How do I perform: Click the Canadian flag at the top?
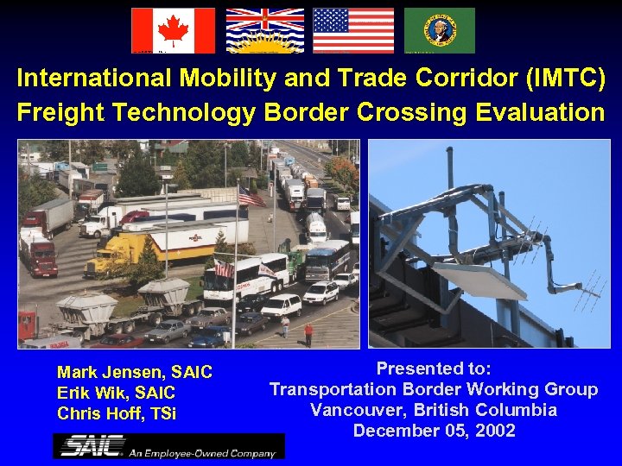pos(173,30)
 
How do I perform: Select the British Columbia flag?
pos(264,30)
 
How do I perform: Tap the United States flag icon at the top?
pos(352,30)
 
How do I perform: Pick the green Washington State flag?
pos(439,30)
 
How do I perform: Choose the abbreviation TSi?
pos(162,413)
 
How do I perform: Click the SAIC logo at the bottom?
pos(168,446)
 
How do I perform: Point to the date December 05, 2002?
pos(434,430)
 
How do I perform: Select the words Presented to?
pos(434,369)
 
